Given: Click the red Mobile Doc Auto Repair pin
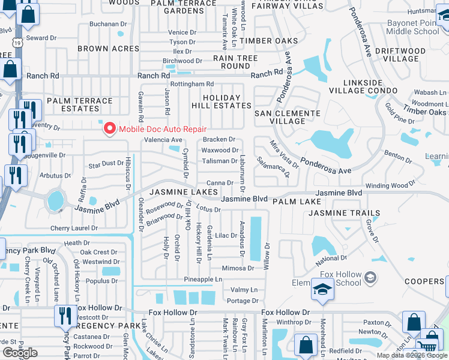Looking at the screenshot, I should pyautogui.click(x=110, y=128).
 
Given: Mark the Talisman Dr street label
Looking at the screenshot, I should pyautogui.click(x=219, y=161).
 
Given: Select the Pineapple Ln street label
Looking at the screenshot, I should pyautogui.click(x=203, y=280).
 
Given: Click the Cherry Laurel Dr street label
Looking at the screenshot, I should pyautogui.click(x=74, y=229).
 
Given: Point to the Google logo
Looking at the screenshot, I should pyautogui.click(x=19, y=353).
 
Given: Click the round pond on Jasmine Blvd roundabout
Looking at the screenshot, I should pyautogui.click(x=55, y=200).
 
